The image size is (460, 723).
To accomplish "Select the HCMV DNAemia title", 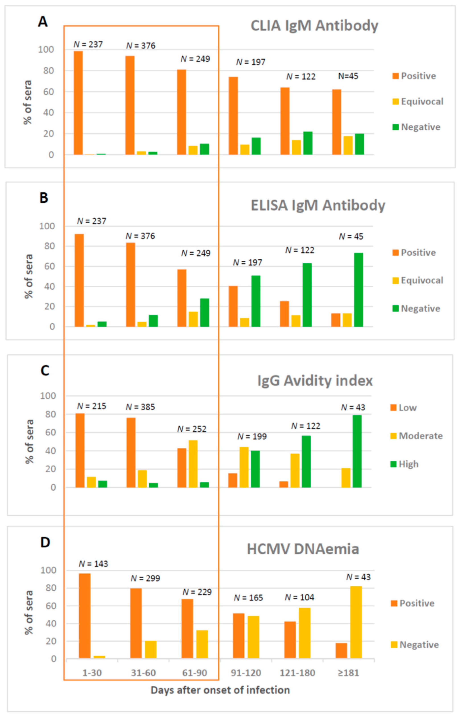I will tap(303, 549).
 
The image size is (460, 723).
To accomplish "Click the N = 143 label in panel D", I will tap(93, 564).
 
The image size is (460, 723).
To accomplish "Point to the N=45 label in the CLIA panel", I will tap(348, 76).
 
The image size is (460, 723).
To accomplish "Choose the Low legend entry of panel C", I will tap(403, 407).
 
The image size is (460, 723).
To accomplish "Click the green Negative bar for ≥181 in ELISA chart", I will tap(358, 289).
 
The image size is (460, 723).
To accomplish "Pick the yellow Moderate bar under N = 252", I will tap(193, 463).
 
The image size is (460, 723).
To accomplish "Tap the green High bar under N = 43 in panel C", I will tap(357, 451).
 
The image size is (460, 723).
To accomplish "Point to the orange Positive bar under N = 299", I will tap(136, 624).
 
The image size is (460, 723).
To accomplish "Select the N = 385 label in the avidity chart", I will tap(140, 407).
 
